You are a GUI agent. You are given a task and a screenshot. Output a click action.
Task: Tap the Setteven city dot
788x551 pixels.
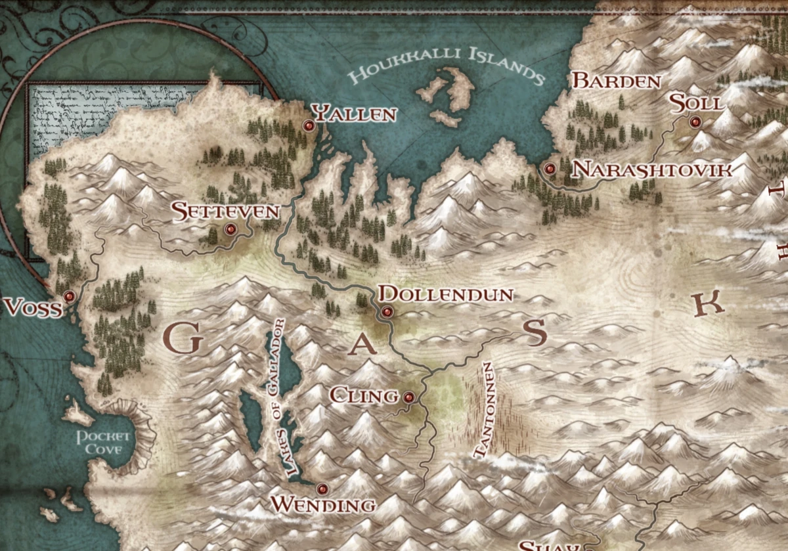coord(230,229)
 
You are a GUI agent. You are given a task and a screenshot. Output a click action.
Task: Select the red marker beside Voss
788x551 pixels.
coord(68,297)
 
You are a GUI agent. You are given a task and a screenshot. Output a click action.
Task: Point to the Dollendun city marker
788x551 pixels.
coord(387,312)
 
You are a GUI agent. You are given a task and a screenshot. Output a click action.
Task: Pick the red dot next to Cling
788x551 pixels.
coord(408,397)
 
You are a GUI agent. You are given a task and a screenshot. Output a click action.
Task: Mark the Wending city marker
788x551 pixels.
coord(322,489)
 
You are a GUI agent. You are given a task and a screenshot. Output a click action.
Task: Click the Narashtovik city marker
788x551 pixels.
coord(550,169)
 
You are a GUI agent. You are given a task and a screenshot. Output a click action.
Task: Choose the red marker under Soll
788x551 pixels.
coord(695,121)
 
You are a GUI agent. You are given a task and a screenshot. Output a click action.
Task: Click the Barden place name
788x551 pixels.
coord(617,81)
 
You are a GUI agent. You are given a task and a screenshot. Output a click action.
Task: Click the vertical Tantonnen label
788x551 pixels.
coord(485,408)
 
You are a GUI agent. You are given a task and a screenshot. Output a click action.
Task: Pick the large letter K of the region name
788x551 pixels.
coord(707,304)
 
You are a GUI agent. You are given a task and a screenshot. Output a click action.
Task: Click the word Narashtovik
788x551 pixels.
coord(652,170)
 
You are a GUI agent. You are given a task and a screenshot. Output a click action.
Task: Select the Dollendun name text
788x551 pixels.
coord(447,294)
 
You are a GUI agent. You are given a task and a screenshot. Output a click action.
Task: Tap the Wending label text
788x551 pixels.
coord(323,505)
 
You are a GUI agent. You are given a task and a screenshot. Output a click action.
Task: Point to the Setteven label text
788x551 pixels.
coord(225,211)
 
